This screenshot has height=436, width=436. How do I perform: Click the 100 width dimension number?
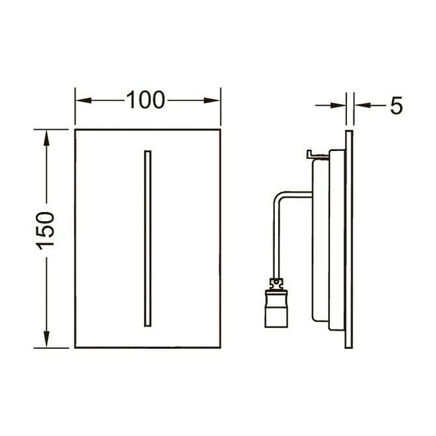146,100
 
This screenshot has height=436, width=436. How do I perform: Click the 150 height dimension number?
45,231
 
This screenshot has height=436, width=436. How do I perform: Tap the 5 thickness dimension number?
396,106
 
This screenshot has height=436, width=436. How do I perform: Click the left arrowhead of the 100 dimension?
83,100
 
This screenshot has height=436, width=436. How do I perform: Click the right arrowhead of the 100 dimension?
212,100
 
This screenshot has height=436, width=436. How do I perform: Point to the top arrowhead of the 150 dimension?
46,138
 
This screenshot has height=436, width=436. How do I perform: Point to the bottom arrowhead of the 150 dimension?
46,339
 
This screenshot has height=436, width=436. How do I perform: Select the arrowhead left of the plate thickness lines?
338,105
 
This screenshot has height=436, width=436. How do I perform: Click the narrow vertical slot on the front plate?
148,238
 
